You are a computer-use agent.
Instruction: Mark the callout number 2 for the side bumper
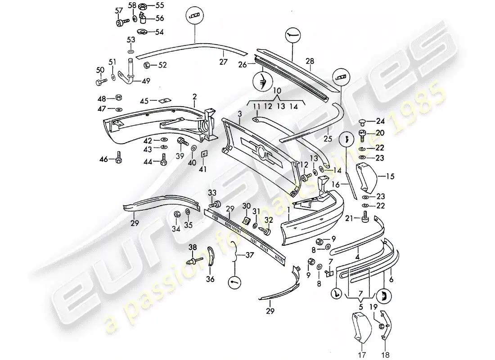[194, 96]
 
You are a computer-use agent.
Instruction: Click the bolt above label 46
[119, 157]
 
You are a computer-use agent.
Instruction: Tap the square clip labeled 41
[203, 154]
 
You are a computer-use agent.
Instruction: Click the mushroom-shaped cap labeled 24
[353, 121]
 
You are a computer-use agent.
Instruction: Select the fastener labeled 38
[192, 260]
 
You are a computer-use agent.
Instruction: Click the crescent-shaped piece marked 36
[211, 257]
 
